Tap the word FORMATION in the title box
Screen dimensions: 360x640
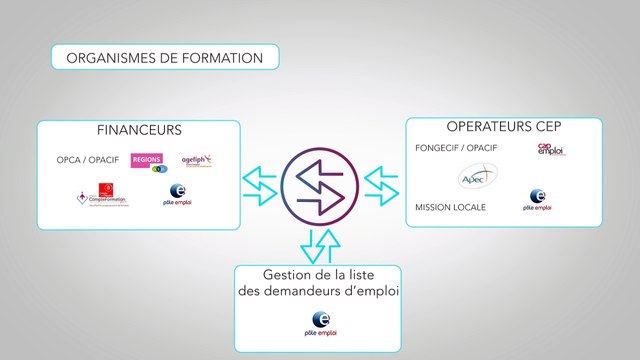click(225, 58)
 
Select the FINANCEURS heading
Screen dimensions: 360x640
click(139, 131)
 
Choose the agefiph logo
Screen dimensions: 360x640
click(196, 160)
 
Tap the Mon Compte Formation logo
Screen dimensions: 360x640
click(98, 197)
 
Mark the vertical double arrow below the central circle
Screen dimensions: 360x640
click(320, 244)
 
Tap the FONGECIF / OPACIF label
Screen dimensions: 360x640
click(456, 148)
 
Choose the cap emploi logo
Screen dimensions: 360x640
click(551, 149)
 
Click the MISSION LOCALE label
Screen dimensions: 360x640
click(450, 207)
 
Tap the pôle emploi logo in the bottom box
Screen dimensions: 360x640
click(319, 323)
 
